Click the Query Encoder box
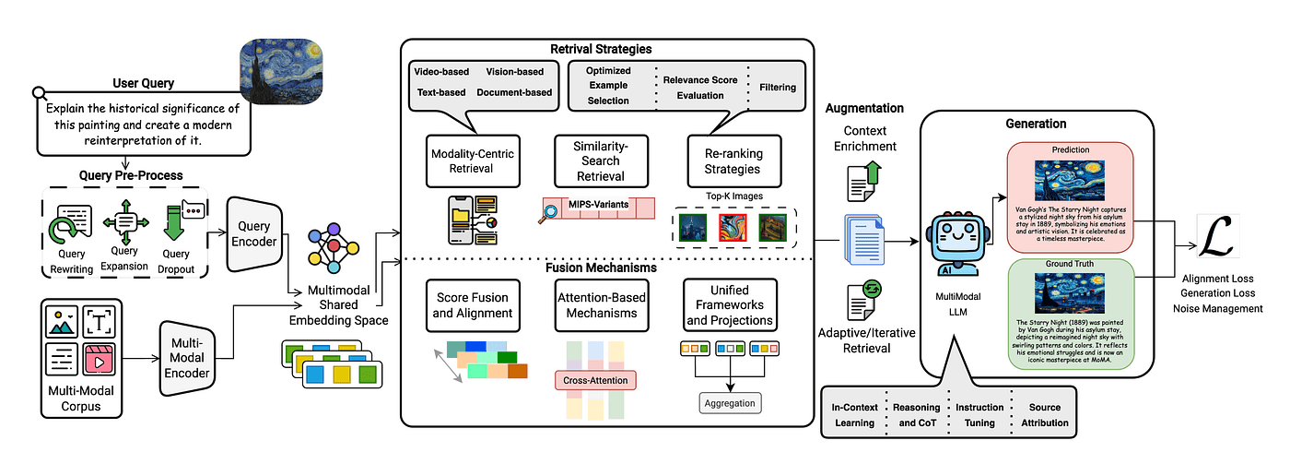coord(252,235)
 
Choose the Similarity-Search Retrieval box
coord(600,161)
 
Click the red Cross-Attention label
coord(596,379)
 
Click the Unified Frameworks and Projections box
coord(728,306)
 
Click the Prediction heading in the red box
coord(1070,149)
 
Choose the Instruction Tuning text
coord(973,415)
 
